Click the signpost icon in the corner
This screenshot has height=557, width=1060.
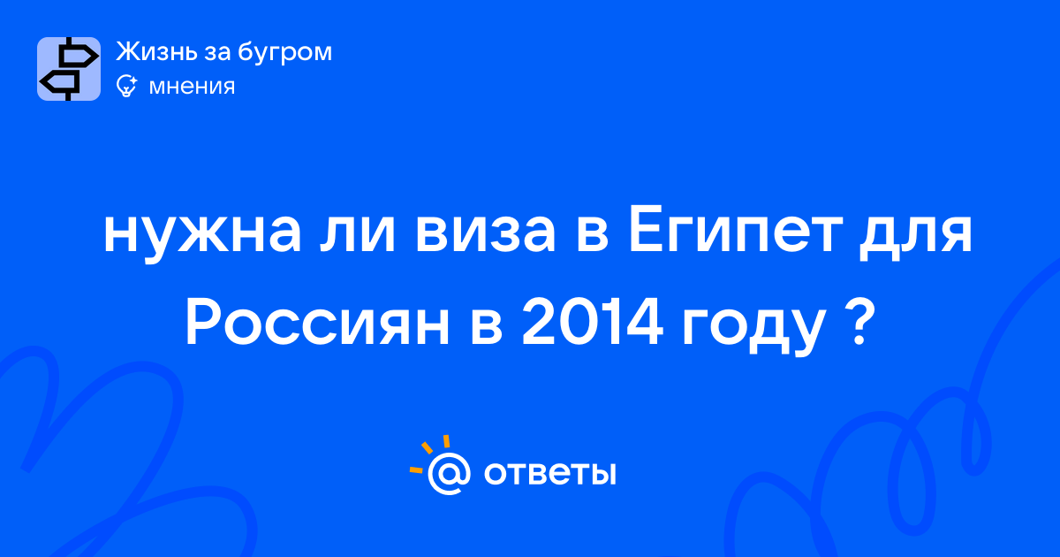point(69,69)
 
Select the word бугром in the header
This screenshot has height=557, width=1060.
point(284,52)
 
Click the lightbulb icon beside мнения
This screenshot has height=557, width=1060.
point(126,86)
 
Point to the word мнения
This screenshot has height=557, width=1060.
point(192,87)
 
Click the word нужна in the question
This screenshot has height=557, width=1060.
point(202,235)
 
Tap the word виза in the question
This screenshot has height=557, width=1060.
point(485,233)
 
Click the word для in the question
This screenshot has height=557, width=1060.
point(916,235)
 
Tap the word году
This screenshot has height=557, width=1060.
point(753,328)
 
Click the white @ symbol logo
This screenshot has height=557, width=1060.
point(449,474)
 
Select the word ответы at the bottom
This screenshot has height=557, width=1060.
point(549,473)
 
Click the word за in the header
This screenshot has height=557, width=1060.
point(217,53)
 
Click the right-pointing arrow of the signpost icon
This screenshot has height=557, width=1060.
point(79,57)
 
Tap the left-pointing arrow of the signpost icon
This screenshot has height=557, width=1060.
point(60,82)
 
